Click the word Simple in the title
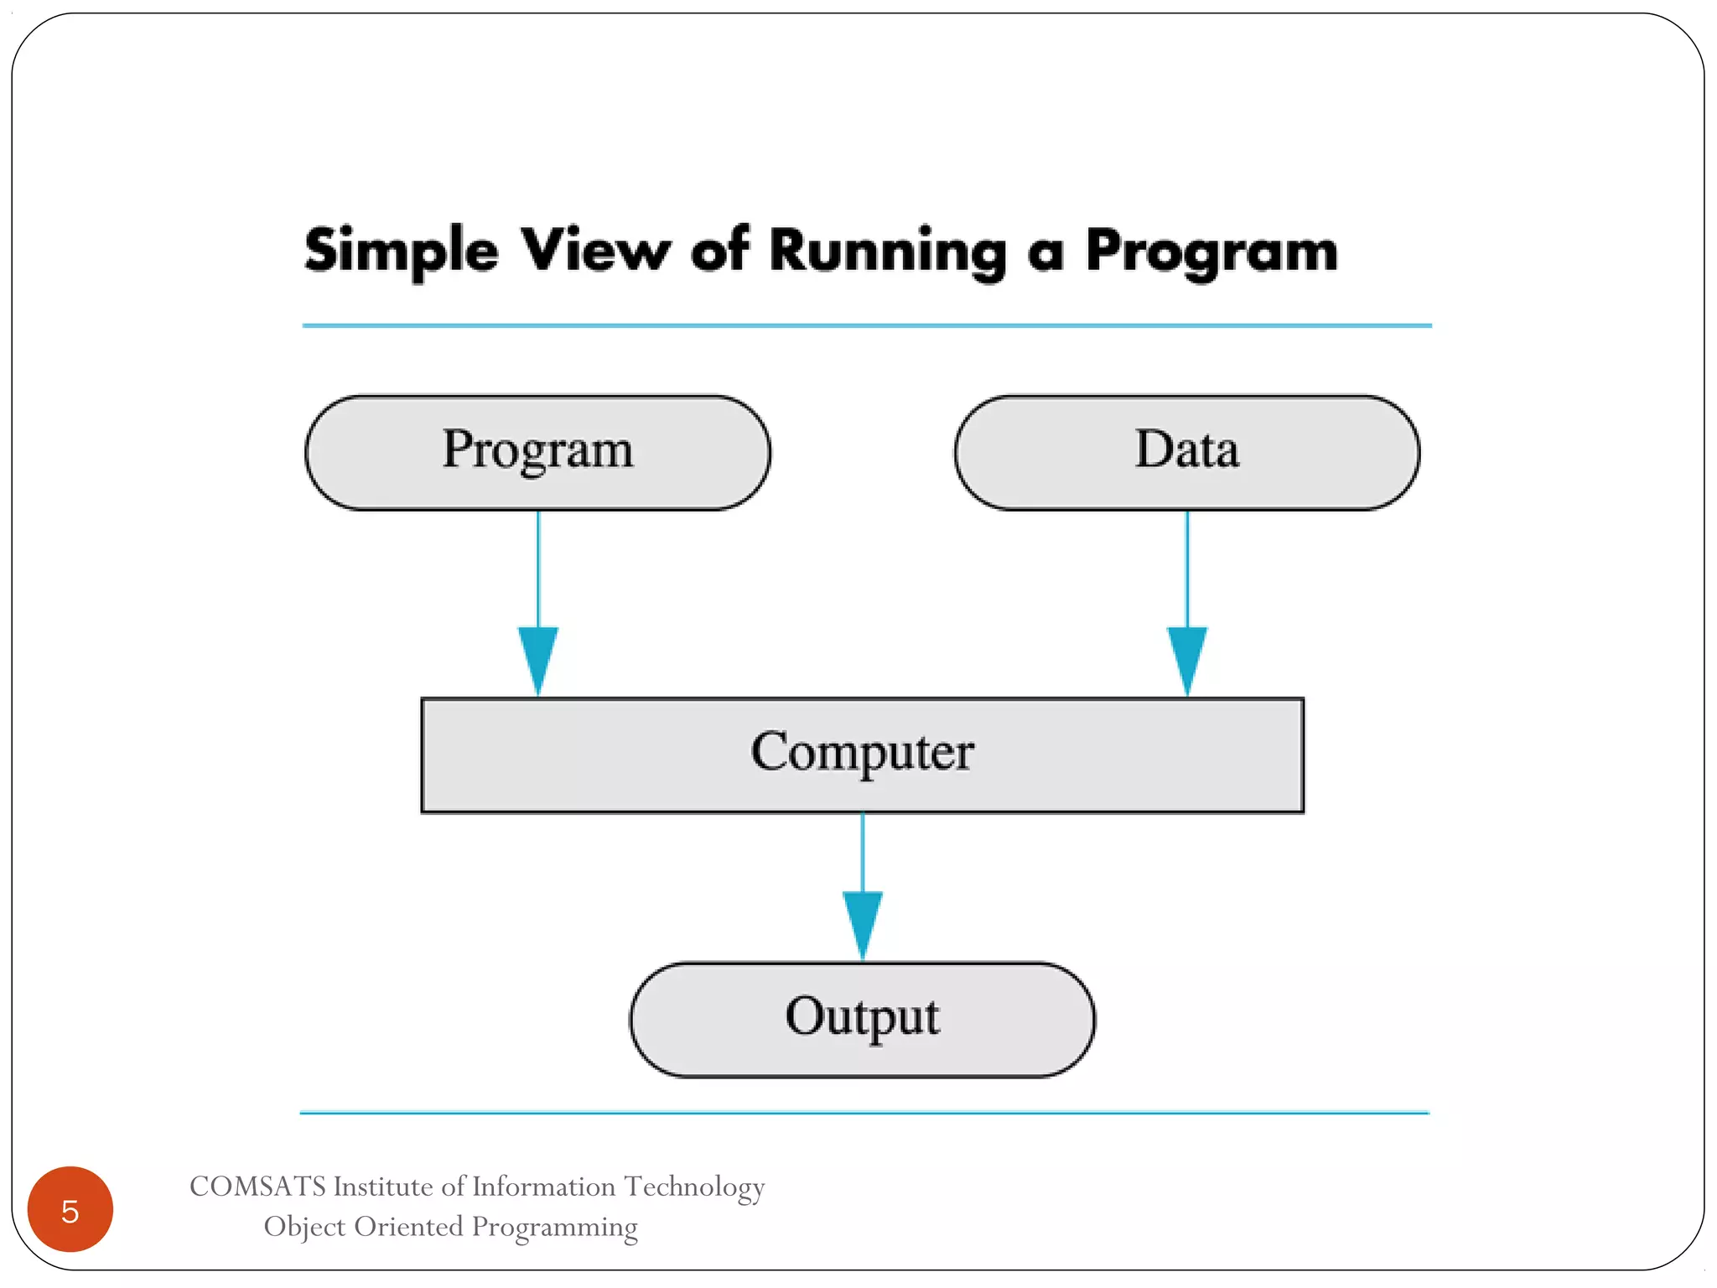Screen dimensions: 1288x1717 click(x=401, y=251)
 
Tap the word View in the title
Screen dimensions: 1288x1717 click(x=594, y=249)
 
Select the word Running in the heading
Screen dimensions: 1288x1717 click(x=887, y=251)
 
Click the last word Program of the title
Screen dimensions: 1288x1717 click(x=1211, y=251)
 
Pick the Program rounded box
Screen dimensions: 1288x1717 click(x=537, y=452)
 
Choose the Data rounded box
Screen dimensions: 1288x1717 click(x=1186, y=452)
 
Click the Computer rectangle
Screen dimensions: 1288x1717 click(x=862, y=755)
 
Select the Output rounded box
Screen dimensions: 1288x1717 click(x=862, y=1019)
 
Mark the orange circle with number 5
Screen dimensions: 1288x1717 click(x=70, y=1209)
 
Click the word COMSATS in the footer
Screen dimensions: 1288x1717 click(x=257, y=1187)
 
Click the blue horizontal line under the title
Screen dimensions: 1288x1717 click(x=866, y=325)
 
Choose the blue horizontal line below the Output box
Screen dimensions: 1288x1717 click(x=864, y=1113)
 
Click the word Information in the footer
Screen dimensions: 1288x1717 click(x=543, y=1187)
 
